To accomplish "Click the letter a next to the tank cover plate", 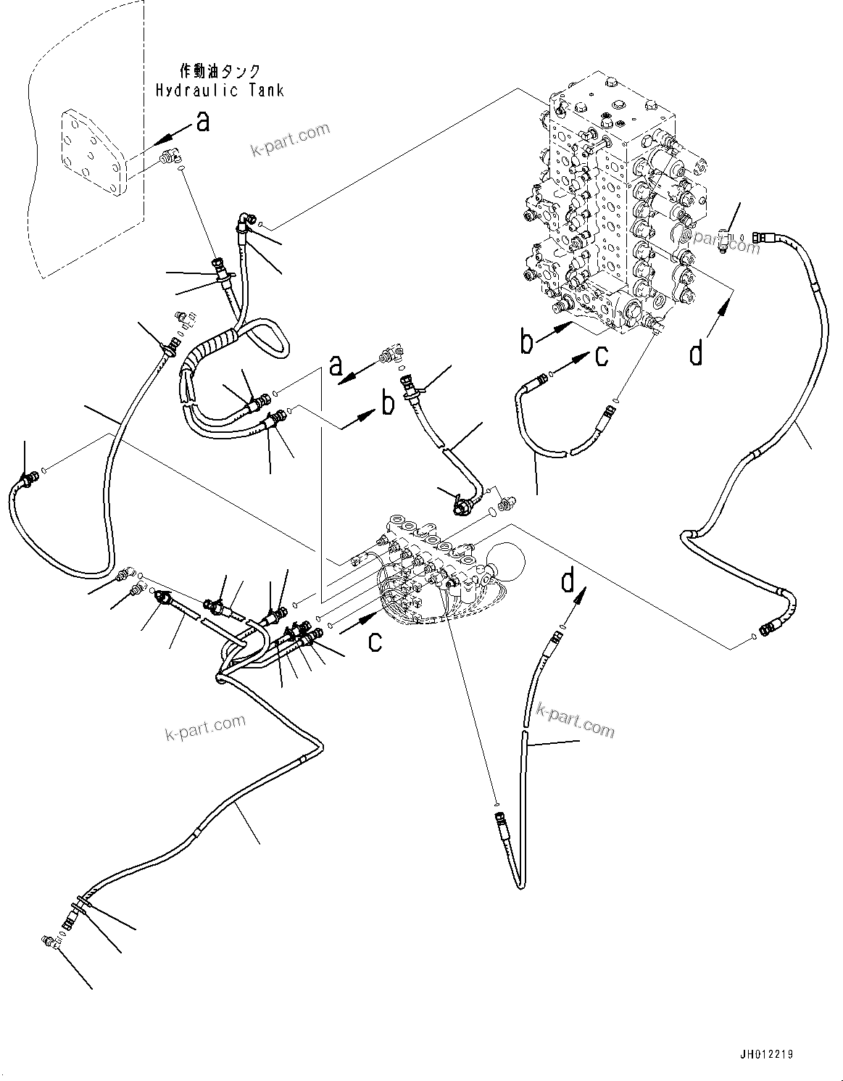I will pyautogui.click(x=203, y=122).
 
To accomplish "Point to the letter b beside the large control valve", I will pyautogui.click(x=528, y=341).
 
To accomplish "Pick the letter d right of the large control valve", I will pyautogui.click(x=696, y=354).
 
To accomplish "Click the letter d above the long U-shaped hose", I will pyautogui.click(x=569, y=581).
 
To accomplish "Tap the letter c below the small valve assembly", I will pyautogui.click(x=374, y=641).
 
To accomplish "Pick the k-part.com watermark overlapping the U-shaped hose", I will pyautogui.click(x=574, y=719).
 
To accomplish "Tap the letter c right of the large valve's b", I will pyautogui.click(x=602, y=356).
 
